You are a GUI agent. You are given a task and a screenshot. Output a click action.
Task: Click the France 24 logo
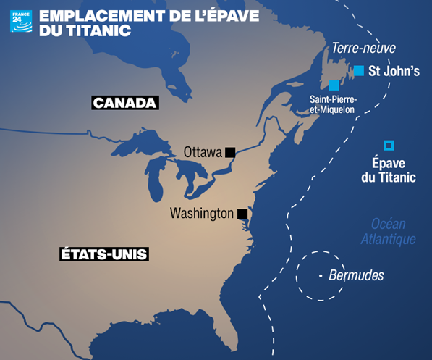(x=21, y=21)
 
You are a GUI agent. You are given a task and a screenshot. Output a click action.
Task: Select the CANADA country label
(x=124, y=103)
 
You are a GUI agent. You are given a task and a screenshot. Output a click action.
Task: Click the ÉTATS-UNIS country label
(x=103, y=254)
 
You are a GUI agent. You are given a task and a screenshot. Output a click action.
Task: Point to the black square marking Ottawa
(x=230, y=152)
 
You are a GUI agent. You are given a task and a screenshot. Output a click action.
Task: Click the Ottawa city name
(x=202, y=152)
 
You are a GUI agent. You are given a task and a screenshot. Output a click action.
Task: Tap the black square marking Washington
(x=242, y=214)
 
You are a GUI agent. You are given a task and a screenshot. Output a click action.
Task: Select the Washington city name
(x=202, y=214)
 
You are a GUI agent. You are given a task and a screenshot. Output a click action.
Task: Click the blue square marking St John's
(x=359, y=70)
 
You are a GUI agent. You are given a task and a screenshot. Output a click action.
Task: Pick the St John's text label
(x=394, y=71)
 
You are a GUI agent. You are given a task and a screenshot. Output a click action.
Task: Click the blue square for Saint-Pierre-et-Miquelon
(x=334, y=85)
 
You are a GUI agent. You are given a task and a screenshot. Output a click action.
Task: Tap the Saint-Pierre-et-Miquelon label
(x=332, y=104)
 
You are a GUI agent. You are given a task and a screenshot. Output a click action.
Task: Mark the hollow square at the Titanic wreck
(x=389, y=144)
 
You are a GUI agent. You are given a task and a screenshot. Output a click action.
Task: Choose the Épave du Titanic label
(x=389, y=170)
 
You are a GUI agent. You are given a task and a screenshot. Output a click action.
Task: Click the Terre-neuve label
(x=364, y=48)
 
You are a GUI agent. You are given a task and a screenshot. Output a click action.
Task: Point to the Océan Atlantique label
(x=389, y=231)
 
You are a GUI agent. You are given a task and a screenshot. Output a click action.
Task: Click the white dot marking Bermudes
(x=321, y=276)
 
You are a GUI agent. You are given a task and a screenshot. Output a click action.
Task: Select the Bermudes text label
(x=356, y=276)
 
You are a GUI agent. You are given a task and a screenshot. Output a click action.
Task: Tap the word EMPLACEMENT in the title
(x=105, y=14)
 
